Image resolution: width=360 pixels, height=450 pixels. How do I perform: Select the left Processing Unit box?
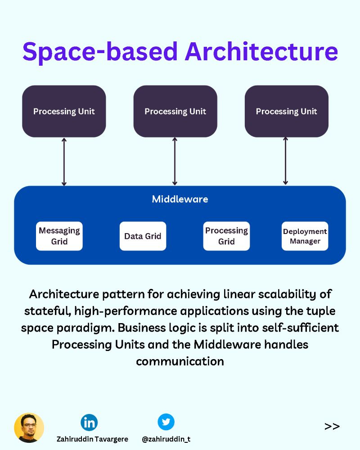pos(64,111)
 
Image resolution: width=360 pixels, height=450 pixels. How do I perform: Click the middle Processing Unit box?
pos(175,111)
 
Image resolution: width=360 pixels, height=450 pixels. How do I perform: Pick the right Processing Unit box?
pos(286,111)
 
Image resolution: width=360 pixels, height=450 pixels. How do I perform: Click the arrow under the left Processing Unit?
pos(64,162)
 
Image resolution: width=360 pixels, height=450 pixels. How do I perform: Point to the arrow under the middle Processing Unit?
pos(175,162)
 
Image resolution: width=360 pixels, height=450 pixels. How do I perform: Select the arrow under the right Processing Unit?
pos(285,162)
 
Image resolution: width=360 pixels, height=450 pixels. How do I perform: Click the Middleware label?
pos(180,199)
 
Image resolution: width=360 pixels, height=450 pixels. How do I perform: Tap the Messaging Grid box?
pos(59,236)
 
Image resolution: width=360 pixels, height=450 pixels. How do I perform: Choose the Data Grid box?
pos(143,236)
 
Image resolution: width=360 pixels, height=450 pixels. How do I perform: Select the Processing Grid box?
pos(226,236)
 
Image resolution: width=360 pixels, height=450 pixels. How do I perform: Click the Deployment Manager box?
pos(305,236)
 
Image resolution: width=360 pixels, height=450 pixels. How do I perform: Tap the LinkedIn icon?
pos(89,422)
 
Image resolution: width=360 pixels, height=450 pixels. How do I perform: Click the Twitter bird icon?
pos(166,422)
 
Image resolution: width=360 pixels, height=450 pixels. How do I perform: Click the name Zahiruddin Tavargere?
pos(93,439)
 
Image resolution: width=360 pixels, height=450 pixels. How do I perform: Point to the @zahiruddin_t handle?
pos(166,439)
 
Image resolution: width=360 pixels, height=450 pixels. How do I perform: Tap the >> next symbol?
pos(332,426)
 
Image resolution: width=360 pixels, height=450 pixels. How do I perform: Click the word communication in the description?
pos(180,361)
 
